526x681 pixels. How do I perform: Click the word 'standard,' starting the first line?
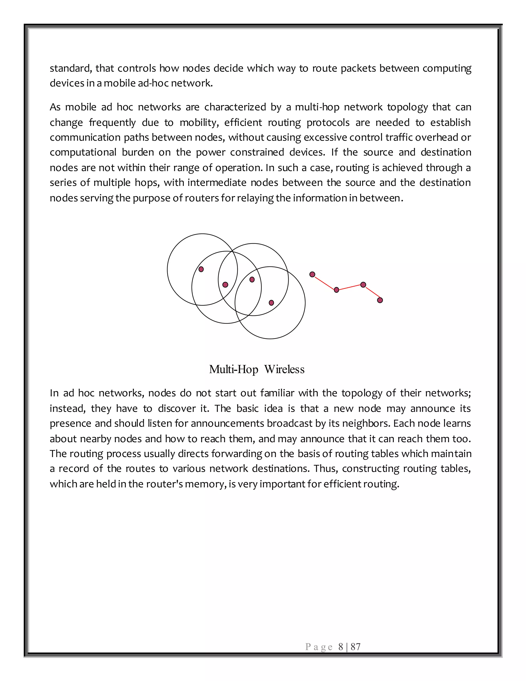(71, 68)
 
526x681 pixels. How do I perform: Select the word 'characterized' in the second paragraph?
(235, 107)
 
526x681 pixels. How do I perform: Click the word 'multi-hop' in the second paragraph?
(317, 107)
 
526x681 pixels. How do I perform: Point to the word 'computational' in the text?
(83, 152)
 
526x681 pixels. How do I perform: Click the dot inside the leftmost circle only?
(201, 269)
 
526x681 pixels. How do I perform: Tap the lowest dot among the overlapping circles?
(271, 303)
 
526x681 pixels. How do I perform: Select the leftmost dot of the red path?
(312, 274)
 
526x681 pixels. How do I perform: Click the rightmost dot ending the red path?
(380, 300)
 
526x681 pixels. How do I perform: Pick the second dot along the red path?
(336, 290)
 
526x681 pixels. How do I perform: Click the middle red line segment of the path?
(350, 287)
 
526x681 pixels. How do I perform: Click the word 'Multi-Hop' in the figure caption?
(234, 370)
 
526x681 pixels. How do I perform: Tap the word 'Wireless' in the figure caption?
(284, 370)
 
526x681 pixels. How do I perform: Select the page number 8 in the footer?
(341, 647)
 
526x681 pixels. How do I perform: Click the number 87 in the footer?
(355, 647)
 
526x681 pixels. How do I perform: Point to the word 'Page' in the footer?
(319, 647)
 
